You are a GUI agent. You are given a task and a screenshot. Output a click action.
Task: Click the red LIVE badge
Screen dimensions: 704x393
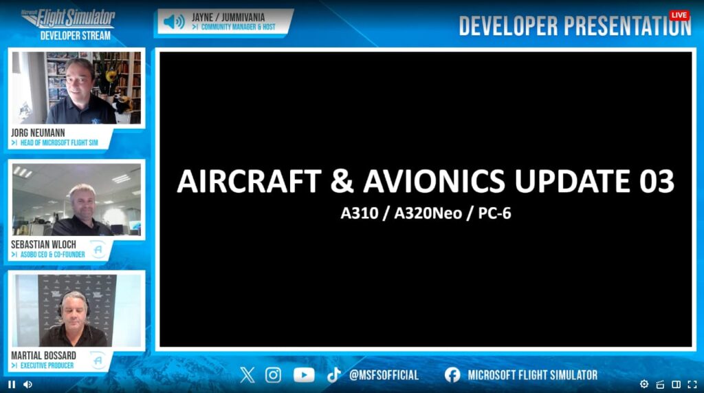pyautogui.click(x=679, y=15)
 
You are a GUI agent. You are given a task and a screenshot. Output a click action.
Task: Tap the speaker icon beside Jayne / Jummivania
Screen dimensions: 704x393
pyautogui.click(x=174, y=21)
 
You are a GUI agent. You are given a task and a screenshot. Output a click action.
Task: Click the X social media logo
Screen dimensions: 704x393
pyautogui.click(x=247, y=374)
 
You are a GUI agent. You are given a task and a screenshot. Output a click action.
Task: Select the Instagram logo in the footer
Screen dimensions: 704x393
pyautogui.click(x=273, y=374)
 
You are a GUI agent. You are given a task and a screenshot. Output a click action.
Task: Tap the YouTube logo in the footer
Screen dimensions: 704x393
pyautogui.click(x=304, y=375)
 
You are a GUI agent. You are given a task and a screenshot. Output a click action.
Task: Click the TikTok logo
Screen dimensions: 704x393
pyautogui.click(x=333, y=375)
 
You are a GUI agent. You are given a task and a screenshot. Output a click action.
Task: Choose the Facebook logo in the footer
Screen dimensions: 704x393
pyautogui.click(x=452, y=375)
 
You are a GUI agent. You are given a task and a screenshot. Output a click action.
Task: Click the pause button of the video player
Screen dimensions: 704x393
pyautogui.click(x=12, y=385)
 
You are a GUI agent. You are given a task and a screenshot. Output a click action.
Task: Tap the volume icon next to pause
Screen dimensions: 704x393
pyautogui.click(x=27, y=385)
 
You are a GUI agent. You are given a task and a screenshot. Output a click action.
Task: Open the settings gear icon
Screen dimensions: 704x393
pyautogui.click(x=643, y=384)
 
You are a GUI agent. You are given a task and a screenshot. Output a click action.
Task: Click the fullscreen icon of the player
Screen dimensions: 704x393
pyautogui.click(x=692, y=385)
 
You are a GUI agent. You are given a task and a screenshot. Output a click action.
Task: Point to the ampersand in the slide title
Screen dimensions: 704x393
pyautogui.click(x=342, y=181)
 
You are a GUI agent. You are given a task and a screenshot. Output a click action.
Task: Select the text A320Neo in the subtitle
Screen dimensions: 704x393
pyautogui.click(x=428, y=213)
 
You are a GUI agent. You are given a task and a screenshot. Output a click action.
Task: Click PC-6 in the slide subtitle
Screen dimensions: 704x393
pyautogui.click(x=494, y=213)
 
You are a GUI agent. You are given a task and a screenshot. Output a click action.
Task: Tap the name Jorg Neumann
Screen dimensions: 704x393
pyautogui.click(x=38, y=133)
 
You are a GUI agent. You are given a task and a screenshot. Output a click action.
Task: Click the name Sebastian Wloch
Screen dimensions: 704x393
pyautogui.click(x=43, y=244)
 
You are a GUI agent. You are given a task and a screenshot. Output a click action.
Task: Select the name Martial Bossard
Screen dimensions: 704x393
pyautogui.click(x=43, y=355)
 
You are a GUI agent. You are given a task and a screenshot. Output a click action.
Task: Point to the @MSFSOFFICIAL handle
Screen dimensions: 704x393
pyautogui.click(x=384, y=375)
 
